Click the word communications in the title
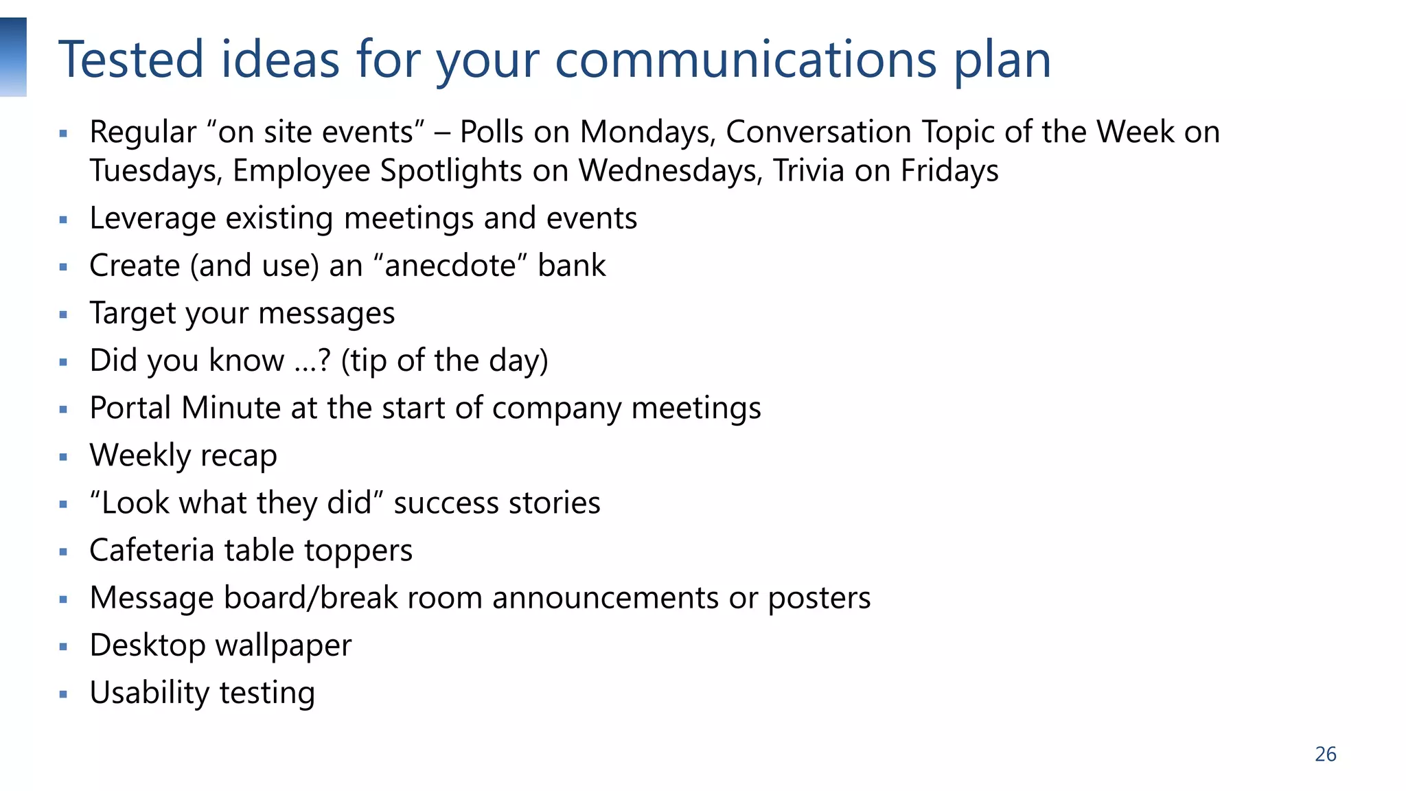click(746, 60)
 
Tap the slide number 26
click(1325, 754)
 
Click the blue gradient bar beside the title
click(13, 57)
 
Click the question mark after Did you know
click(325, 360)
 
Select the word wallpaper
click(284, 645)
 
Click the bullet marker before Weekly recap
click(63, 457)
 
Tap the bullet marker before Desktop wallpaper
click(63, 646)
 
